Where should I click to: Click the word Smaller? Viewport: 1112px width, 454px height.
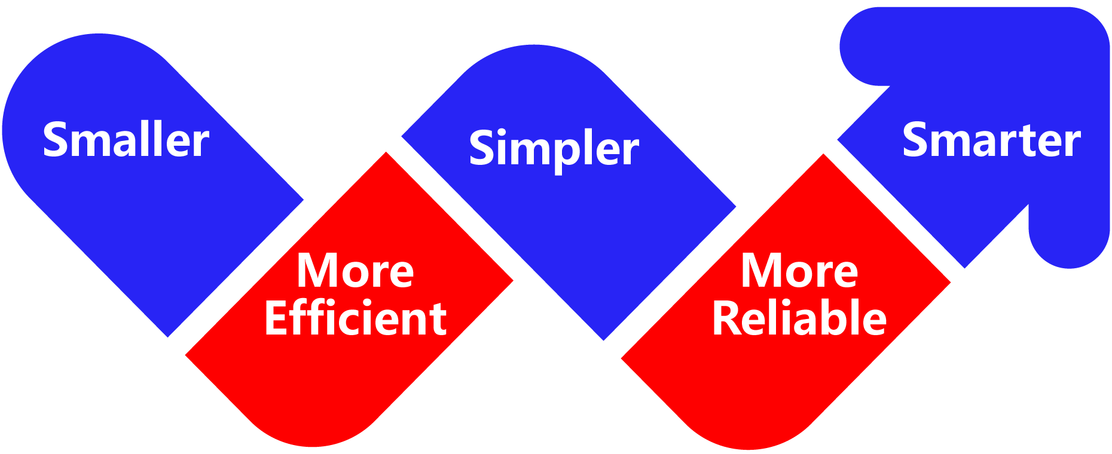pyautogui.click(x=126, y=140)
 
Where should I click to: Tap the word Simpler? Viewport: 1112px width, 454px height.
pyautogui.click(x=554, y=148)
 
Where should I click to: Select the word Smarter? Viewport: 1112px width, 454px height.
pyautogui.click(x=991, y=140)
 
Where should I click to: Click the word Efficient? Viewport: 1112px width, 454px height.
pyautogui.click(x=355, y=318)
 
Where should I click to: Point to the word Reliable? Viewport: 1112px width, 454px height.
pyautogui.click(x=799, y=318)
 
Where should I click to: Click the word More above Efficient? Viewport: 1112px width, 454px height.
pyautogui.click(x=355, y=271)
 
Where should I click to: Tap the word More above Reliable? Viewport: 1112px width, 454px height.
pyautogui.click(x=799, y=271)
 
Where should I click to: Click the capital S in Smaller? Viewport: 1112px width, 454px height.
pyautogui.click(x=54, y=140)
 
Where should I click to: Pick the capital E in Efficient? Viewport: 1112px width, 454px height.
pyautogui.click(x=277, y=318)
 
